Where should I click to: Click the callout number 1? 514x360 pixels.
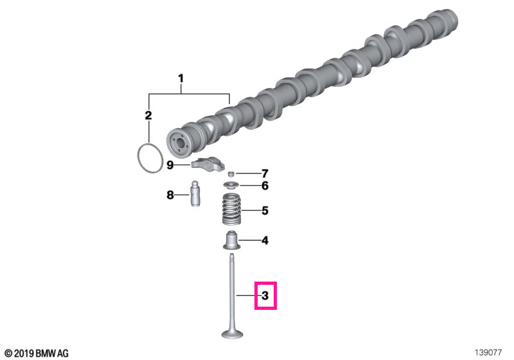[181, 78]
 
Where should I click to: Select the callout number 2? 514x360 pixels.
[148, 116]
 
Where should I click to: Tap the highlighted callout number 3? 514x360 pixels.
[265, 296]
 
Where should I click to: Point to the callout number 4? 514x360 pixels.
[265, 240]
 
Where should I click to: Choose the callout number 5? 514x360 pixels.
[265, 210]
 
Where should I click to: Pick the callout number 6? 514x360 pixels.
[265, 186]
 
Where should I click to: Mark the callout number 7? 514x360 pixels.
[265, 173]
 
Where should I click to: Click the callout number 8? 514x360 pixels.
[170, 195]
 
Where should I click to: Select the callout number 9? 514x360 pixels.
[170, 165]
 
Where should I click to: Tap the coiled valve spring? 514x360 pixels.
[231, 209]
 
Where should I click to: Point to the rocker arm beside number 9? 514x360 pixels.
[208, 163]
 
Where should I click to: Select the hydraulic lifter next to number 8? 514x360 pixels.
[195, 194]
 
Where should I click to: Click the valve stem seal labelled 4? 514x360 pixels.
[232, 240]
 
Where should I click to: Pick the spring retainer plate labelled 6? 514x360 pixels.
[232, 186]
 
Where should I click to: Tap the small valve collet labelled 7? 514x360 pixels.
[231, 174]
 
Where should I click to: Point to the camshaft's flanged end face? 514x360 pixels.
[179, 143]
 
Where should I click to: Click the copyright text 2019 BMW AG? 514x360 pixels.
[37, 353]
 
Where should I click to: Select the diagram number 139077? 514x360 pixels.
[488, 352]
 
